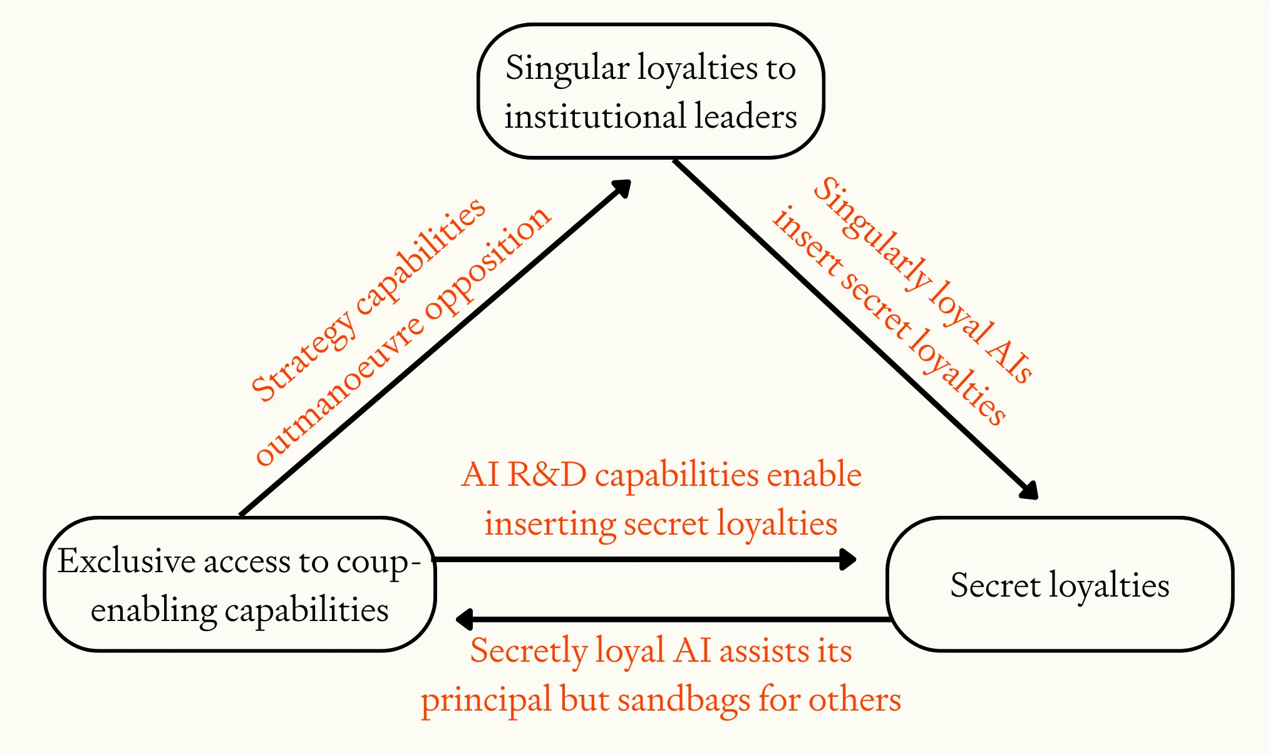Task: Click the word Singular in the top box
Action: tap(567, 69)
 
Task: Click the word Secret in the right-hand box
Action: tap(994, 585)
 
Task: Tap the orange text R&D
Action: tap(546, 475)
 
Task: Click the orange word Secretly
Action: tap(528, 651)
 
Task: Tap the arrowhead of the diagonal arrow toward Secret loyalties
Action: tap(1028, 489)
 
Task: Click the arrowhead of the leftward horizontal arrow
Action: tap(465, 619)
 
